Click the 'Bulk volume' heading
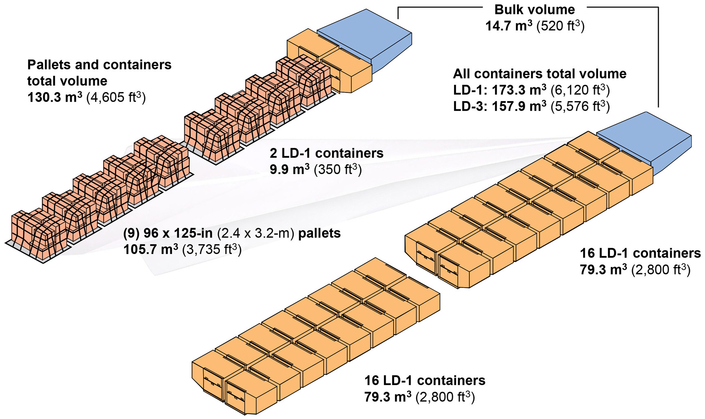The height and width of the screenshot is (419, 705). pyautogui.click(x=534, y=9)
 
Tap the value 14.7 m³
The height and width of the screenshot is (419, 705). pyautogui.click(x=508, y=26)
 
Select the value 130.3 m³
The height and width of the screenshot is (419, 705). pyautogui.click(x=55, y=97)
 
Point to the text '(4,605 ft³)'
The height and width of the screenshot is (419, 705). pyautogui.click(x=116, y=98)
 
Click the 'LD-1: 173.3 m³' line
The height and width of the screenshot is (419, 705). pyautogui.click(x=499, y=90)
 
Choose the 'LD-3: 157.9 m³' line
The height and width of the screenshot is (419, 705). pyautogui.click(x=499, y=106)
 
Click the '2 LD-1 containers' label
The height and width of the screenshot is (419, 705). pyautogui.click(x=326, y=153)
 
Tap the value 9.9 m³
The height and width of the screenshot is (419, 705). pyautogui.click(x=289, y=169)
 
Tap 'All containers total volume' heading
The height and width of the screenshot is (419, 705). pyautogui.click(x=540, y=74)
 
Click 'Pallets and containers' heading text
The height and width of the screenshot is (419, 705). pyautogui.click(x=99, y=65)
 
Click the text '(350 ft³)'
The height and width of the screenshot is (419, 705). pyautogui.click(x=338, y=169)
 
